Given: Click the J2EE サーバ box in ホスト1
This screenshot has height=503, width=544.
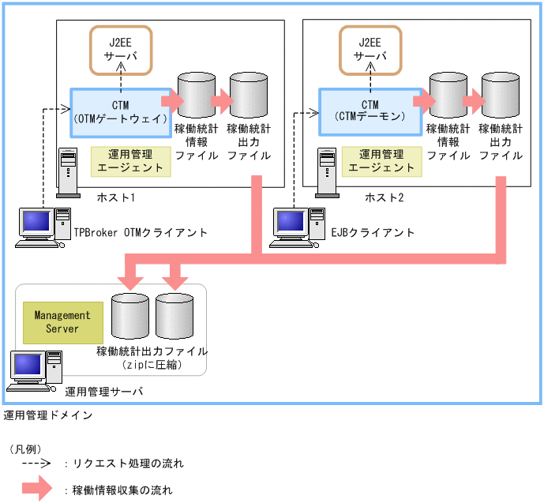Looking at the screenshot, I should (x=121, y=50).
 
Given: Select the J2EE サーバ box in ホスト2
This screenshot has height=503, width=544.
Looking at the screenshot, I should (x=370, y=50).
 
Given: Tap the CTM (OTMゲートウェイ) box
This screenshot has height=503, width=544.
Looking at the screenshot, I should (x=121, y=112).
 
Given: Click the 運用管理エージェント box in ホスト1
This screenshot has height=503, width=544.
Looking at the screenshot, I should (x=129, y=160).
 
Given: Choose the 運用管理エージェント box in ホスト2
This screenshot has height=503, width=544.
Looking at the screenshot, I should (x=381, y=160).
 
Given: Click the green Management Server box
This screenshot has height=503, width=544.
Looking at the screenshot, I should (x=62, y=321).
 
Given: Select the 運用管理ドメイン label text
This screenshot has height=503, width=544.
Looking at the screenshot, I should (x=48, y=415).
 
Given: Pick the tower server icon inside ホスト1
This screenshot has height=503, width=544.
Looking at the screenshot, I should (x=69, y=169).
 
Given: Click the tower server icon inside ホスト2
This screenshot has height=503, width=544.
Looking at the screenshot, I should (x=325, y=169).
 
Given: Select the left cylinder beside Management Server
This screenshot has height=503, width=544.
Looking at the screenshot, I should (x=130, y=316).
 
